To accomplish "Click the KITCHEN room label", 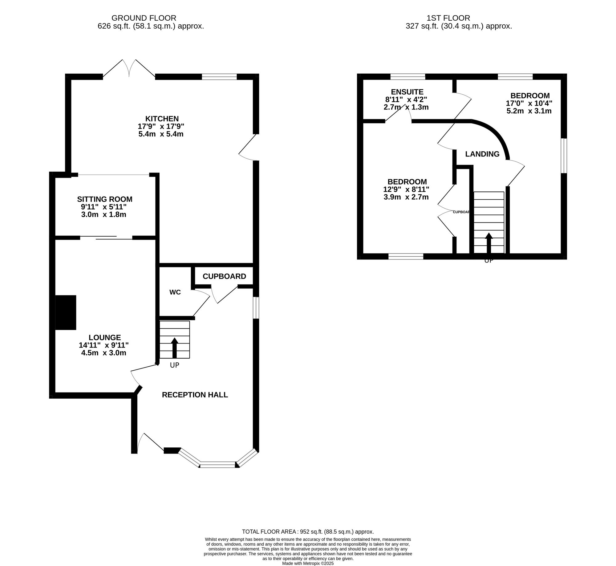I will [x=162, y=119].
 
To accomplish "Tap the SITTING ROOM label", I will [x=105, y=199].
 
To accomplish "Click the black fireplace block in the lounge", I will [x=66, y=312].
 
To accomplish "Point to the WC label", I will [x=175, y=292].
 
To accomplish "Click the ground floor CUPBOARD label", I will [x=224, y=276].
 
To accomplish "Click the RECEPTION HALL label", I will [x=195, y=395].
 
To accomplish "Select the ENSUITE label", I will [x=407, y=92].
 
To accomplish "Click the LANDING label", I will [x=482, y=154].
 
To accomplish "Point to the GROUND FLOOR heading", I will [x=144, y=18].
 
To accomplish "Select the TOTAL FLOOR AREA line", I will [x=308, y=531].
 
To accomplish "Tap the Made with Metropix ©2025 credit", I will [x=308, y=563].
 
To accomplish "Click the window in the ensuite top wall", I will [x=407, y=76].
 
